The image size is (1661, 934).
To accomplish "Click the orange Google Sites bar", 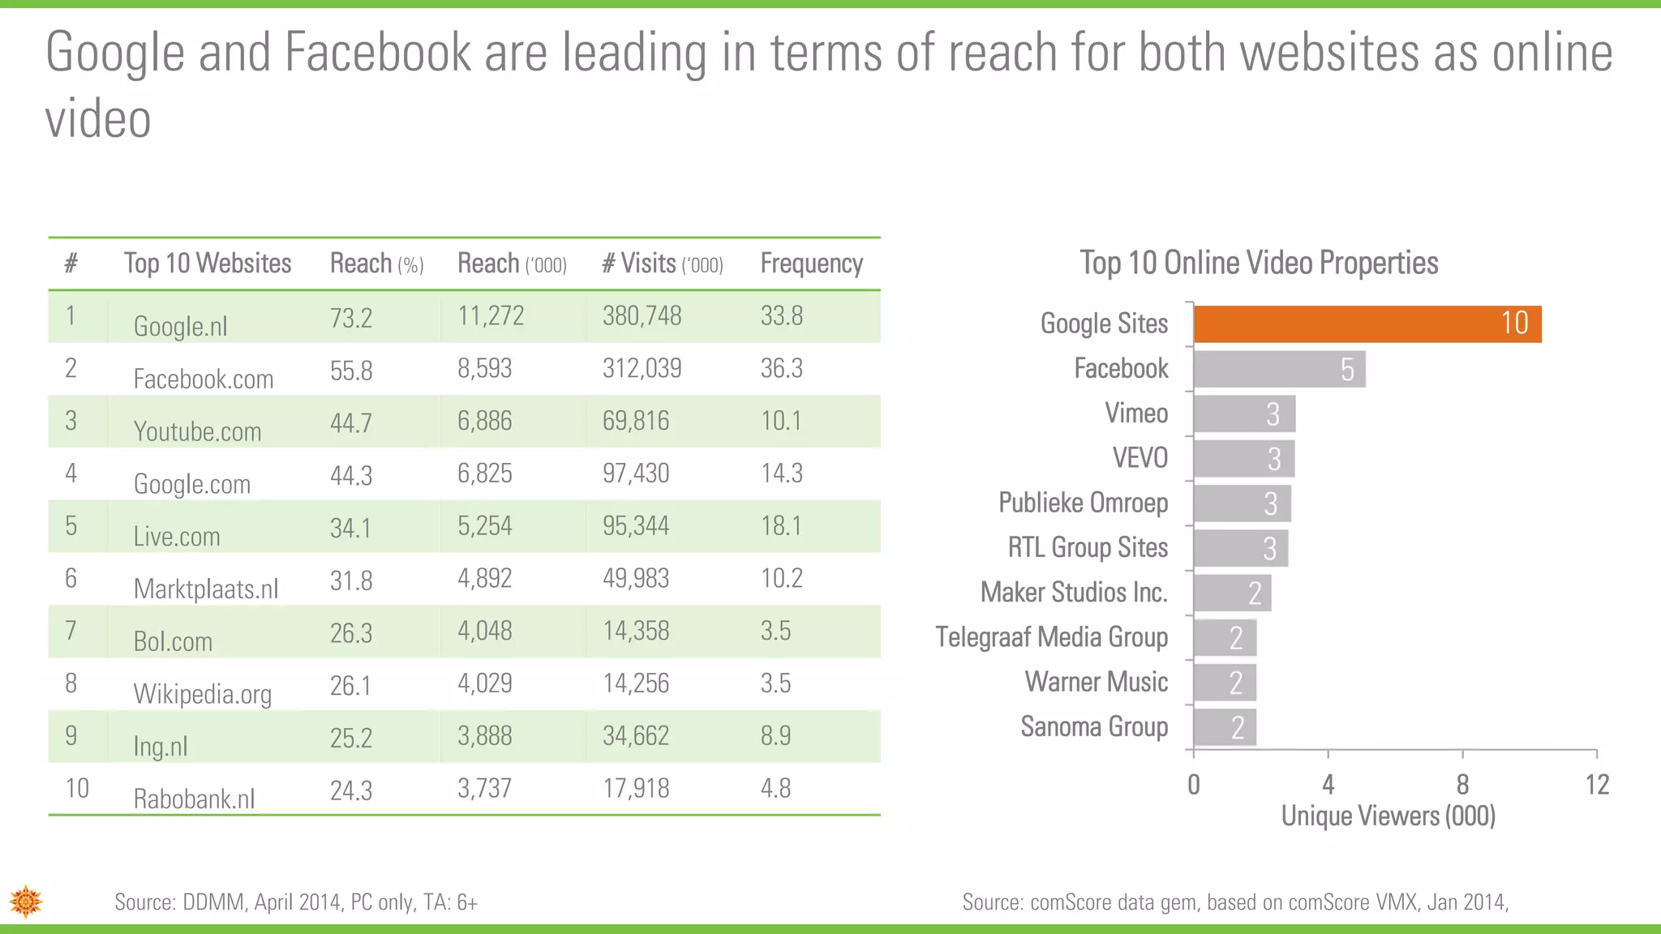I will pyautogui.click(x=1367, y=324).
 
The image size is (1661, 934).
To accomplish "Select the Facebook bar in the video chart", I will pyautogui.click(x=1279, y=369).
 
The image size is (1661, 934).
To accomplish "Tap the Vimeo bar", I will pyautogui.click(x=1244, y=414).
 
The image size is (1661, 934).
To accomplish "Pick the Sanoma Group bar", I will pyautogui.click(x=1225, y=727).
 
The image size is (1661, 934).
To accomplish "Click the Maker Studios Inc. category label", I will pyautogui.click(x=1074, y=593).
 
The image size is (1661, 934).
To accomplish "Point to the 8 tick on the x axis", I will pyautogui.click(x=1462, y=784).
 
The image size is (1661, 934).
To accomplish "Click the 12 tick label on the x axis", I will pyautogui.click(x=1597, y=784).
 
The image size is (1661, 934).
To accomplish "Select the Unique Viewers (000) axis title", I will pyautogui.click(x=1388, y=816).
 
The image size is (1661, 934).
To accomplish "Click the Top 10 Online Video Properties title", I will pyautogui.click(x=1259, y=263).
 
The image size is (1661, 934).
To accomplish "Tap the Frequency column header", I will pyautogui.click(x=811, y=263).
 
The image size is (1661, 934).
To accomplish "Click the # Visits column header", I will pyautogui.click(x=662, y=263).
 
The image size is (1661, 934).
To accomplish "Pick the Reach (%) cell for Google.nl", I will pyautogui.click(x=351, y=317).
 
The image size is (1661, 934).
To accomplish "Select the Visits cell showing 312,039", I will pyautogui.click(x=642, y=368).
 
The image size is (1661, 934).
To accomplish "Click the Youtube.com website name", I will pyautogui.click(x=197, y=431).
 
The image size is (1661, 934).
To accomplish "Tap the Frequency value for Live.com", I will pyautogui.click(x=780, y=525).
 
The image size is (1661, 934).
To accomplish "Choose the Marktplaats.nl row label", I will pyautogui.click(x=205, y=589).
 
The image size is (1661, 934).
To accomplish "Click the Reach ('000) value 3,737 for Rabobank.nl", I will pyautogui.click(x=484, y=788).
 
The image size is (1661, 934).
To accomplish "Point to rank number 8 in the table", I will pyautogui.click(x=71, y=683).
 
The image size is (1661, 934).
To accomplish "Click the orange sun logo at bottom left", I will pyautogui.click(x=26, y=901).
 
